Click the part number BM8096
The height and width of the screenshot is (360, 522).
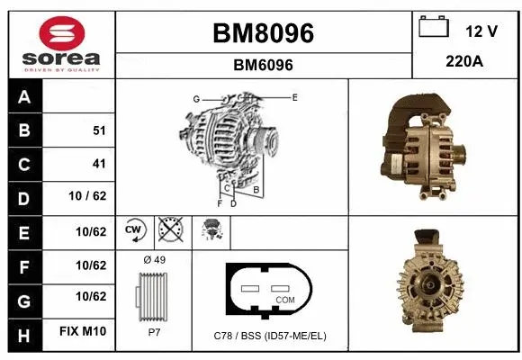coord(263,33)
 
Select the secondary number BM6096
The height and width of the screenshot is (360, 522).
coord(263,65)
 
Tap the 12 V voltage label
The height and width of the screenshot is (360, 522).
coord(481,31)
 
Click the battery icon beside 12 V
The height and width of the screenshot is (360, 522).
coord(435,28)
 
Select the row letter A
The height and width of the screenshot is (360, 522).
coord(24,97)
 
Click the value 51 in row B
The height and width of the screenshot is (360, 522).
coord(99,130)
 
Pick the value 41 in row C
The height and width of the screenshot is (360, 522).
coord(99,164)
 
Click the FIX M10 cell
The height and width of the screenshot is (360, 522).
coord(83,332)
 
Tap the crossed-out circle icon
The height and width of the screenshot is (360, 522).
coord(170,230)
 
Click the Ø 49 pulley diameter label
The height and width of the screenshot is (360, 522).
coord(153,260)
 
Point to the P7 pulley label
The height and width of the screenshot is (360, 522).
coord(153,331)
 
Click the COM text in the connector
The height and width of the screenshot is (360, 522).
coord(284,299)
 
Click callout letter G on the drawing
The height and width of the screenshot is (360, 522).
coord(195,98)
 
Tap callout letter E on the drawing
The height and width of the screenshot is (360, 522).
coord(294,96)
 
